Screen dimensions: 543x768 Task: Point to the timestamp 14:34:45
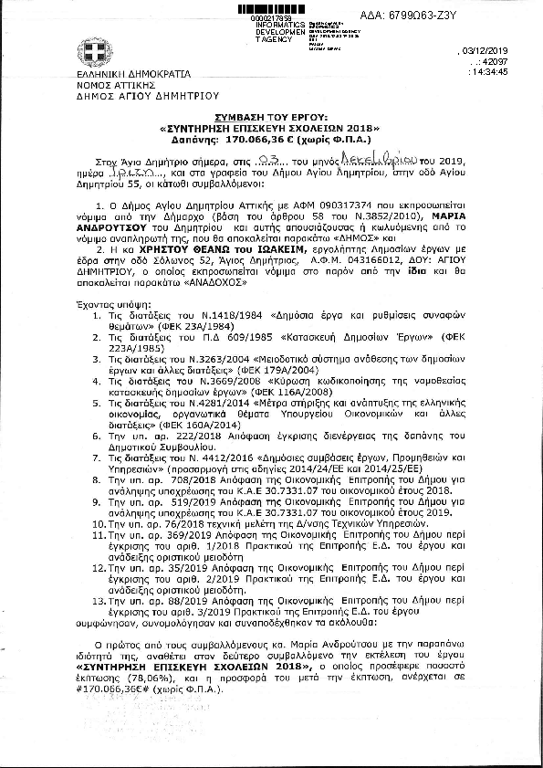pos(512,72)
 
